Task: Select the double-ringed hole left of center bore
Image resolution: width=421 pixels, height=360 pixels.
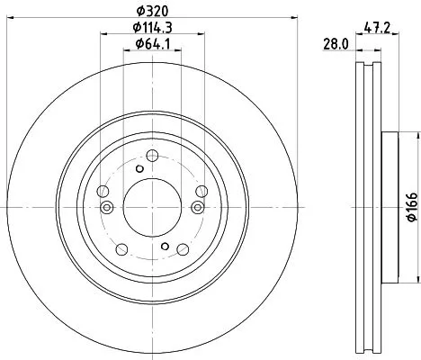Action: click(107, 209)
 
